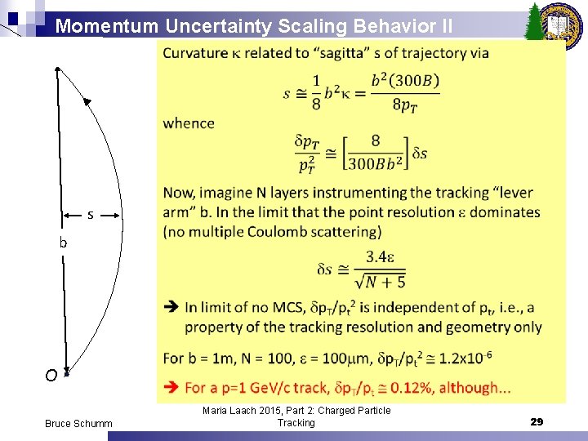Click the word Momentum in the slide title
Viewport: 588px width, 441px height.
pyautogui.click(x=107, y=26)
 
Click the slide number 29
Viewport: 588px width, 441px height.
pyautogui.click(x=537, y=421)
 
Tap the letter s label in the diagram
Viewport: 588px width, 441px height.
pyautogui.click(x=90, y=215)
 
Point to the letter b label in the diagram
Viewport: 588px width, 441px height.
pyautogui.click(x=62, y=243)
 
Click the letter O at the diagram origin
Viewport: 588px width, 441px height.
pyautogui.click(x=51, y=376)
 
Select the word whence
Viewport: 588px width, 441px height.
pyautogui.click(x=189, y=123)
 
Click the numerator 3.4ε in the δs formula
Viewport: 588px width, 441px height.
pyautogui.click(x=381, y=256)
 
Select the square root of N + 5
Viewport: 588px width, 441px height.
pyautogui.click(x=381, y=282)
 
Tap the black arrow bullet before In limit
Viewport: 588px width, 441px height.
pyautogui.click(x=171, y=308)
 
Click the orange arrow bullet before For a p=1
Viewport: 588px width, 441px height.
pyautogui.click(x=171, y=386)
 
